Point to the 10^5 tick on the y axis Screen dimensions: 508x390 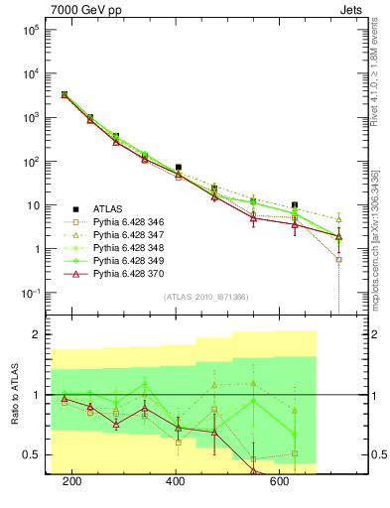coord(33,30)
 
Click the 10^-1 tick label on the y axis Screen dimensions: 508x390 coord(33,294)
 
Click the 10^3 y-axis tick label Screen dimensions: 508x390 coord(33,118)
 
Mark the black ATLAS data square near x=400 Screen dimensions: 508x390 coord(178,168)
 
